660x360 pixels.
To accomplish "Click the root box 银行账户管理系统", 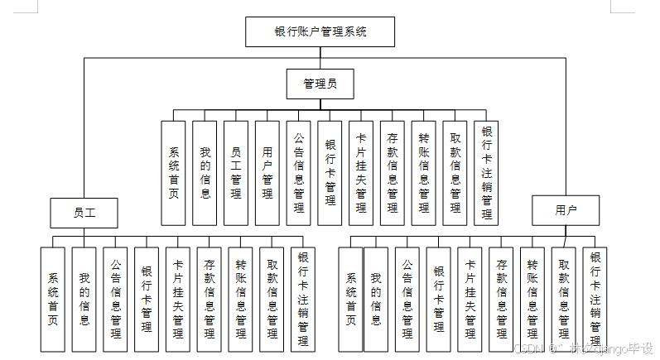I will coord(320,32).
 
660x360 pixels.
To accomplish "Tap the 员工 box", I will coord(84,213).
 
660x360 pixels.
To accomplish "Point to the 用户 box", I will coord(566,211).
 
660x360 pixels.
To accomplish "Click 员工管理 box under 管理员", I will coord(236,173).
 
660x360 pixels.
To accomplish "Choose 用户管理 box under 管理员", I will coord(267,173).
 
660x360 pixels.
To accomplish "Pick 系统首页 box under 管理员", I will coord(174,173).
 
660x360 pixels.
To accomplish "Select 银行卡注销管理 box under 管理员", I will coord(487,173).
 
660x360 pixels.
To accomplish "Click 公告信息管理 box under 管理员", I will coord(299,173).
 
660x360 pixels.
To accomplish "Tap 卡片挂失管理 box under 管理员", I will coord(361,173).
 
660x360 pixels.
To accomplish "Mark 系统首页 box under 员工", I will coord(53,299).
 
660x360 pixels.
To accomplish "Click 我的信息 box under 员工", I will coord(84,299).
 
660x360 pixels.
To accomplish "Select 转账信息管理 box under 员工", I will coord(240,299).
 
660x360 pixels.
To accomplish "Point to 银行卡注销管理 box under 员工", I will coord(302,299).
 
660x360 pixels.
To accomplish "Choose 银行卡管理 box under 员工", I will coord(147,299).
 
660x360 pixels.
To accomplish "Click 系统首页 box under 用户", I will coord(351,299).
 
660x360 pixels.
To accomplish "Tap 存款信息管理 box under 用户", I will coord(501,299).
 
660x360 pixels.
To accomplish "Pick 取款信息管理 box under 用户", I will coord(563,299).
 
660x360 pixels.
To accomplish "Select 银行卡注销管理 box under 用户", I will coord(595,299).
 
